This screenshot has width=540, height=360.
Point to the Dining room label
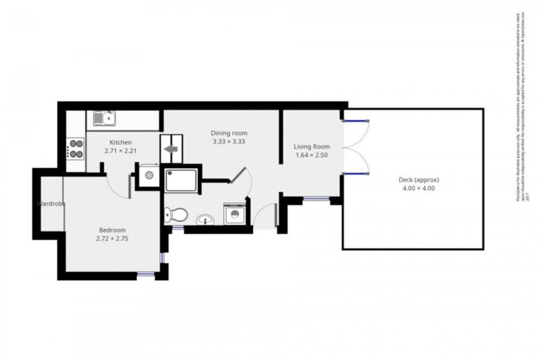pyautogui.click(x=229, y=132)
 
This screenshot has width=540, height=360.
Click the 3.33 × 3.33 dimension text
pyautogui.click(x=229, y=141)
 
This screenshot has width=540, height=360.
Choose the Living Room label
pyautogui.click(x=311, y=146)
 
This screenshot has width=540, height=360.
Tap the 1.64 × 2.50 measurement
pyautogui.click(x=311, y=155)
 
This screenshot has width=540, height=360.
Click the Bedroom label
pyautogui.click(x=112, y=230)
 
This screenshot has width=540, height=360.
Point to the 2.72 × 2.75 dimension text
pyautogui.click(x=112, y=239)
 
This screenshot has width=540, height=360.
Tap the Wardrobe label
pyautogui.click(x=51, y=204)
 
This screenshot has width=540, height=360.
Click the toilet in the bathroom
pyautogui.click(x=176, y=215)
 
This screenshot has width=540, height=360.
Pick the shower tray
pyautogui.click(x=181, y=180)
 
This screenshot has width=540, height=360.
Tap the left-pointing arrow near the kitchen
pyautogui.click(x=170, y=149)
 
